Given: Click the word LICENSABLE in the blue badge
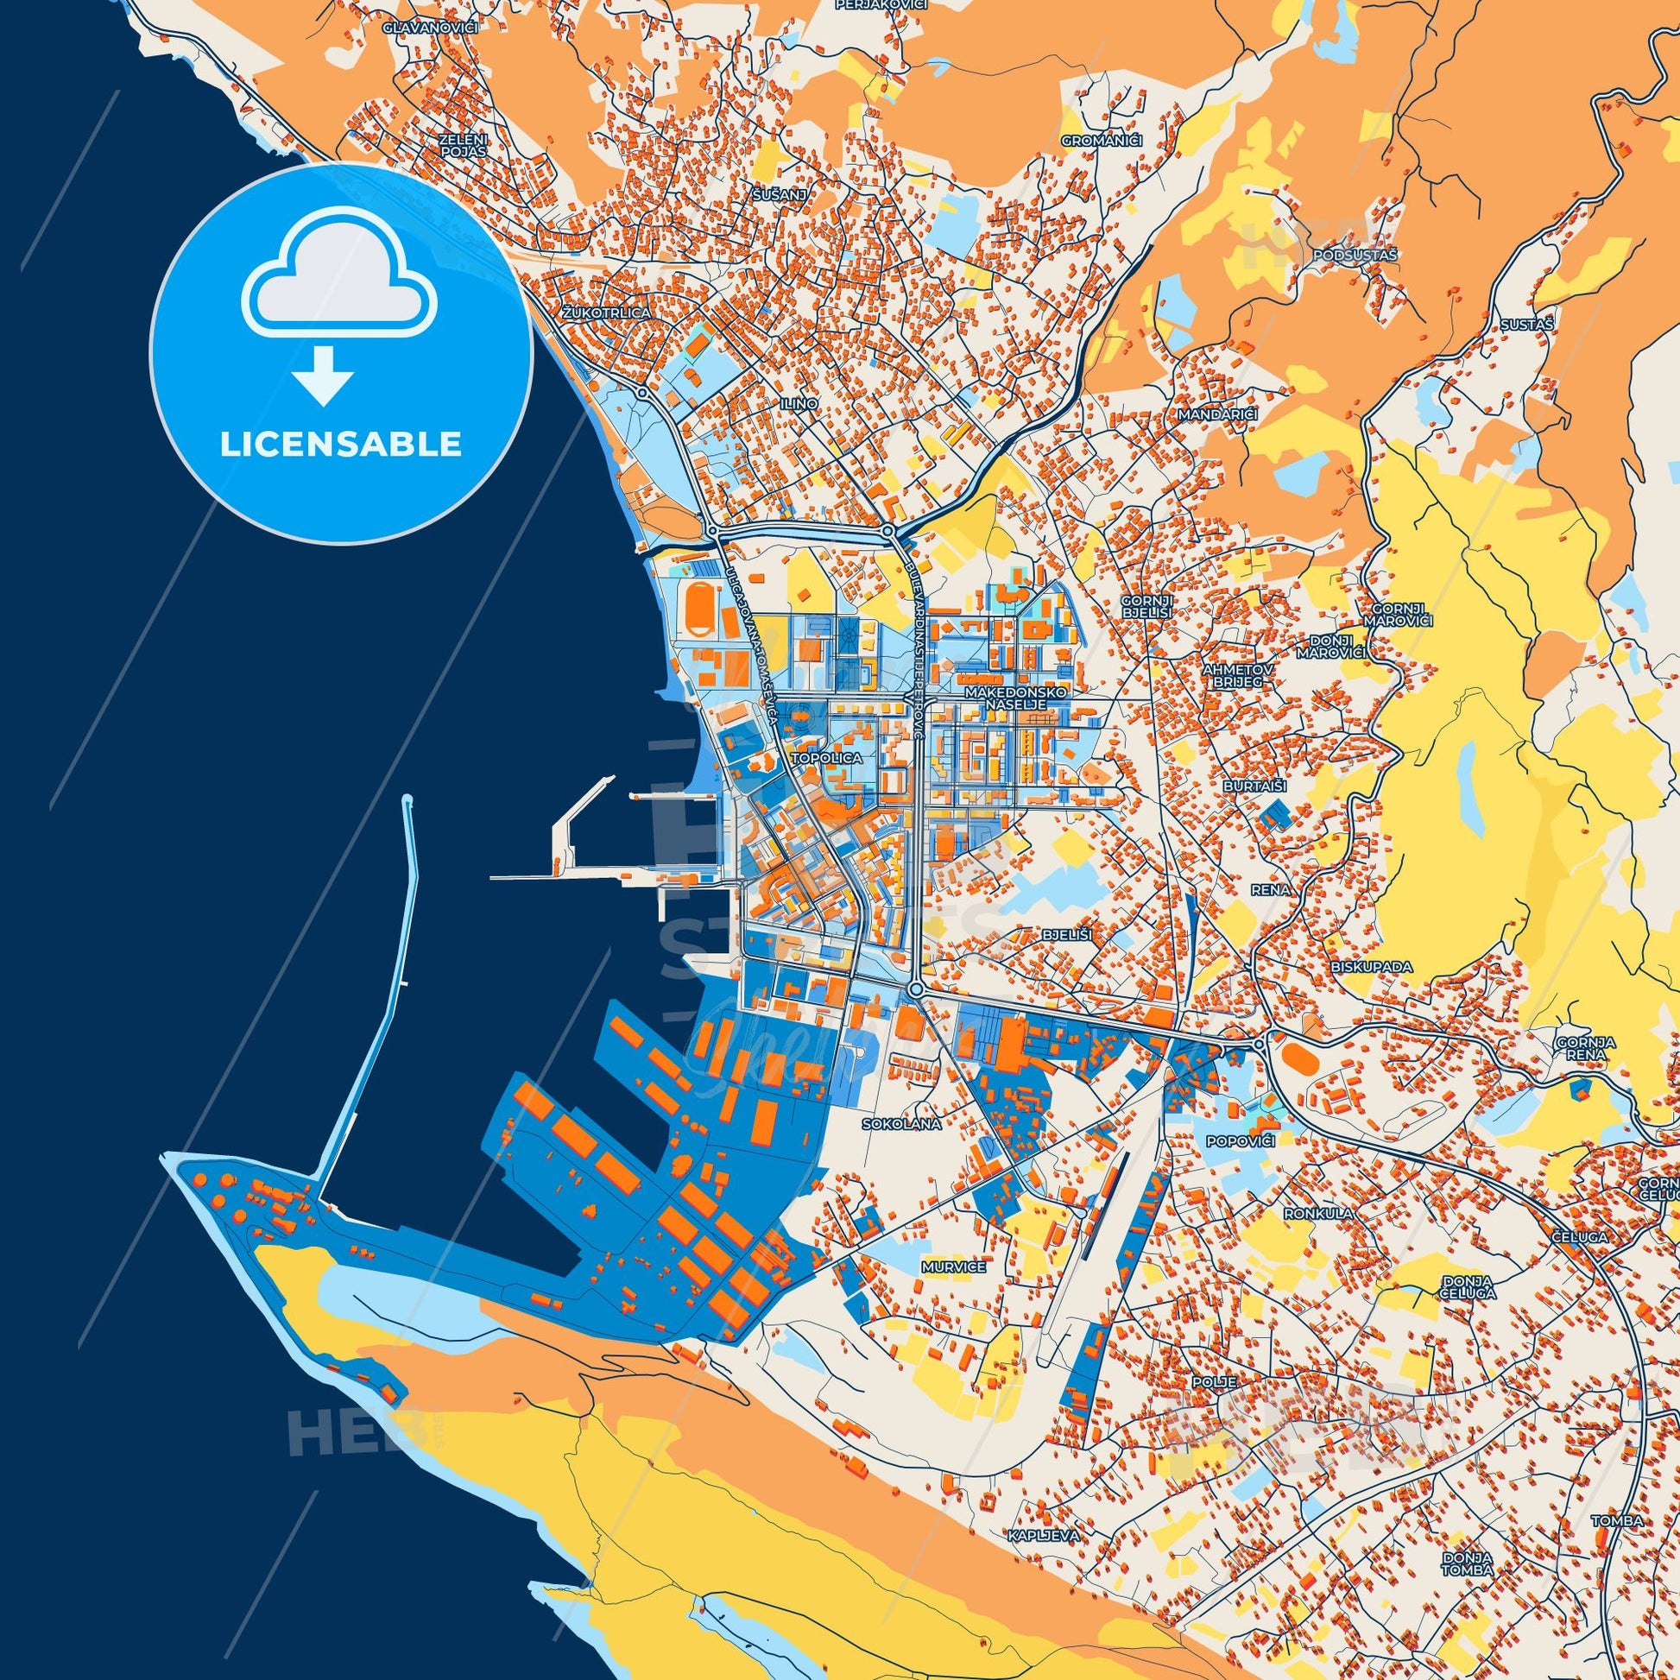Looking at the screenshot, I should click(x=340, y=445).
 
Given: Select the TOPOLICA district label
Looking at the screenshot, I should click(x=827, y=757).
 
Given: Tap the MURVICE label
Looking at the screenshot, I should click(x=954, y=1267).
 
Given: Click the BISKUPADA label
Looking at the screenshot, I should click(x=1359, y=966).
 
